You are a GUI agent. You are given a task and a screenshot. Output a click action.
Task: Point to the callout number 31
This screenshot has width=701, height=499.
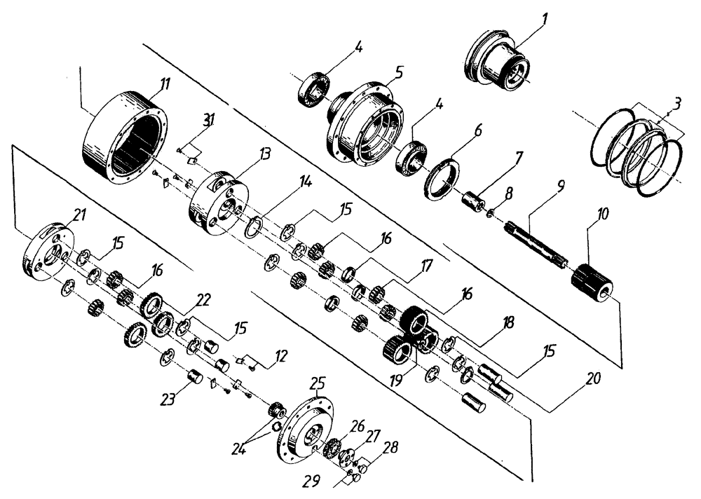(209, 121)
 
